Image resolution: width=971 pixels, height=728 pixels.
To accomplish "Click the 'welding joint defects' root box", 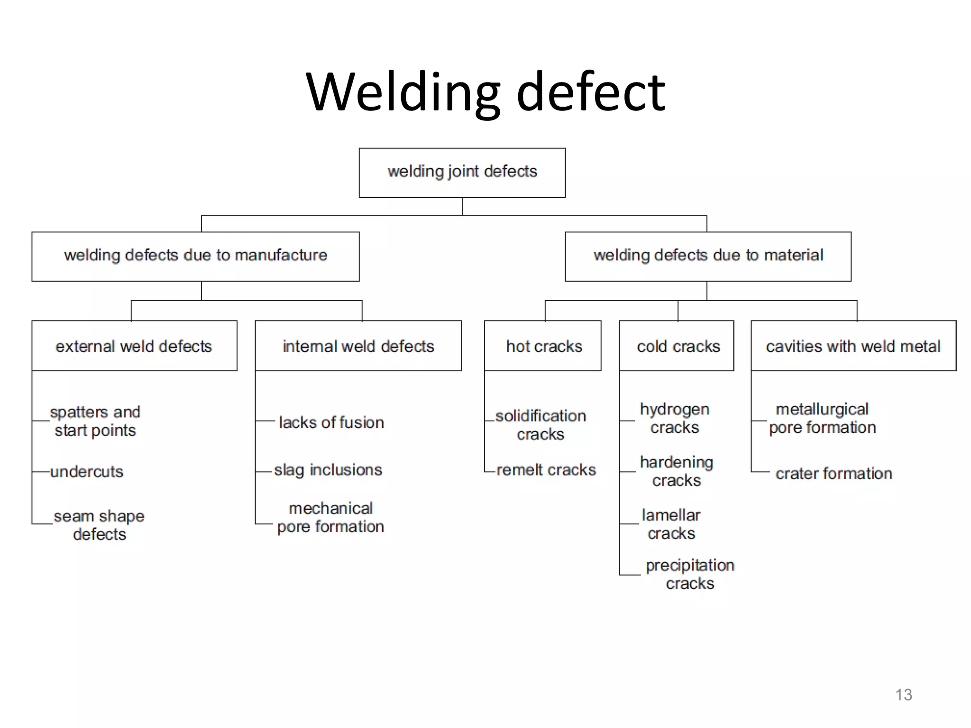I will tap(462, 173).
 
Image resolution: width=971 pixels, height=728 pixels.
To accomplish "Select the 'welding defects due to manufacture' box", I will tap(195, 256).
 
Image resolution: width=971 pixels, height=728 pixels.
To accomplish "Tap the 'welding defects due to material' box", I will tap(707, 256).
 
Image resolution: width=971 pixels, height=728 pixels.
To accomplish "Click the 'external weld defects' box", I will tap(134, 346).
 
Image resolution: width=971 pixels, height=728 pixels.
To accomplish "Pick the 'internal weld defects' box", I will tap(358, 346).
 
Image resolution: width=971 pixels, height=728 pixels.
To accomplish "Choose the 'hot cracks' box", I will tap(543, 346).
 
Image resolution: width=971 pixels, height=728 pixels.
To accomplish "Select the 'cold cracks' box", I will tap(677, 346).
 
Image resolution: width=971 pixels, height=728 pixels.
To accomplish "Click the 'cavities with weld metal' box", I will tap(853, 346).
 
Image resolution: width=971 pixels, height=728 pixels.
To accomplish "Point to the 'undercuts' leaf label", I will tap(87, 472).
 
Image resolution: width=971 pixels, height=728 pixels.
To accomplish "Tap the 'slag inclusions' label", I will tap(328, 470).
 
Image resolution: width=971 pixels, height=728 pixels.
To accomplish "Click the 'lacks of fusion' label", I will tap(331, 422).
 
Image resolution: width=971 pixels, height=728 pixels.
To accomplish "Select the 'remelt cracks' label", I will tap(546, 470).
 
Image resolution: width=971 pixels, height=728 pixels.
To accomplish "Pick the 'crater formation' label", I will tap(834, 473).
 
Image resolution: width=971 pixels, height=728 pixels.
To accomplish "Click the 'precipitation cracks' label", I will tap(690, 574).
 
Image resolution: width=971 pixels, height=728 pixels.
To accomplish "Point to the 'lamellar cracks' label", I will tap(671, 524).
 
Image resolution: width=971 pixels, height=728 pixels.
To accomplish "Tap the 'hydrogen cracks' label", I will tap(675, 418).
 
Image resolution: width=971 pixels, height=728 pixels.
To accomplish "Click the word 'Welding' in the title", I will tap(403, 92).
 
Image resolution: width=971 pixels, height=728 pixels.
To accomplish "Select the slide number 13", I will tap(903, 695).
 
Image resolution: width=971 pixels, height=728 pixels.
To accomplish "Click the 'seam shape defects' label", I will tap(99, 525).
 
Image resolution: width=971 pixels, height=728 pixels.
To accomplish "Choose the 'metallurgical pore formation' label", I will tap(822, 418).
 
